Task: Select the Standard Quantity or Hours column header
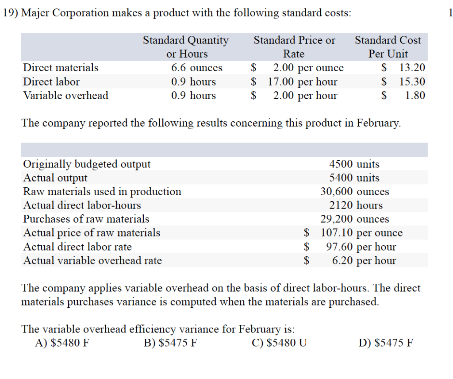[x=186, y=47]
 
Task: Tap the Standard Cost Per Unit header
[x=388, y=47]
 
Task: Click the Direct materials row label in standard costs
[x=61, y=68]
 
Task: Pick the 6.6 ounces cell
[x=197, y=68]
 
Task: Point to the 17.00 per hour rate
[x=303, y=82]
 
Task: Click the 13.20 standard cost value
[x=412, y=68]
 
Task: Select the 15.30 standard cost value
[x=412, y=82]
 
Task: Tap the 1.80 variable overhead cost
[x=415, y=96]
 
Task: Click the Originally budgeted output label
[x=87, y=164]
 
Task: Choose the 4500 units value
[x=354, y=164]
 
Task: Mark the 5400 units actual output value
[x=354, y=178]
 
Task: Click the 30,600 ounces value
[x=355, y=192]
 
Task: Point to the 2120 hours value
[x=356, y=205]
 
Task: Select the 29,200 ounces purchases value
[x=355, y=219]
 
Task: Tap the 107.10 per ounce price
[x=361, y=233]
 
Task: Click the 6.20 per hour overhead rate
[x=364, y=260]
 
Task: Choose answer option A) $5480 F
[x=62, y=343]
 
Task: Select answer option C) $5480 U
[x=279, y=343]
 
